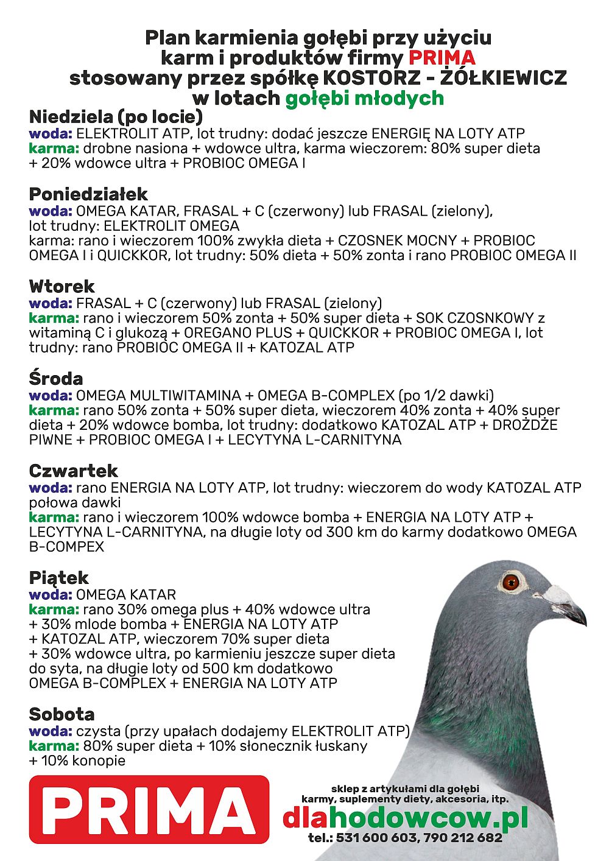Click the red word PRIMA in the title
coord(442,58)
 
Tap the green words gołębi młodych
coord(364,98)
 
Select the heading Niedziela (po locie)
coord(116,116)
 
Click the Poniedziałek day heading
coord(88,194)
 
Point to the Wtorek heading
coord(62,286)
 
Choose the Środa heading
coord(56,378)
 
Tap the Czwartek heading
coord(74,471)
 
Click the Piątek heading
coord(59,577)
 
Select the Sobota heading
coord(62,714)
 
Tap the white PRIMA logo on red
coord(149,810)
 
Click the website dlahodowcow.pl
coord(405,818)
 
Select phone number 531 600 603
coord(376,838)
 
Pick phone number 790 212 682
coord(464,838)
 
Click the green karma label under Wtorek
coord(54,318)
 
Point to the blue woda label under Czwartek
coord(51,488)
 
